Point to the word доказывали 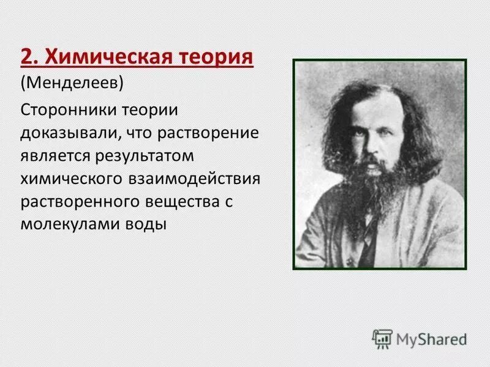click(64, 132)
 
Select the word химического click(72, 179)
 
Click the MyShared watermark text click(432, 338)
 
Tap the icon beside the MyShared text click(383, 338)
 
